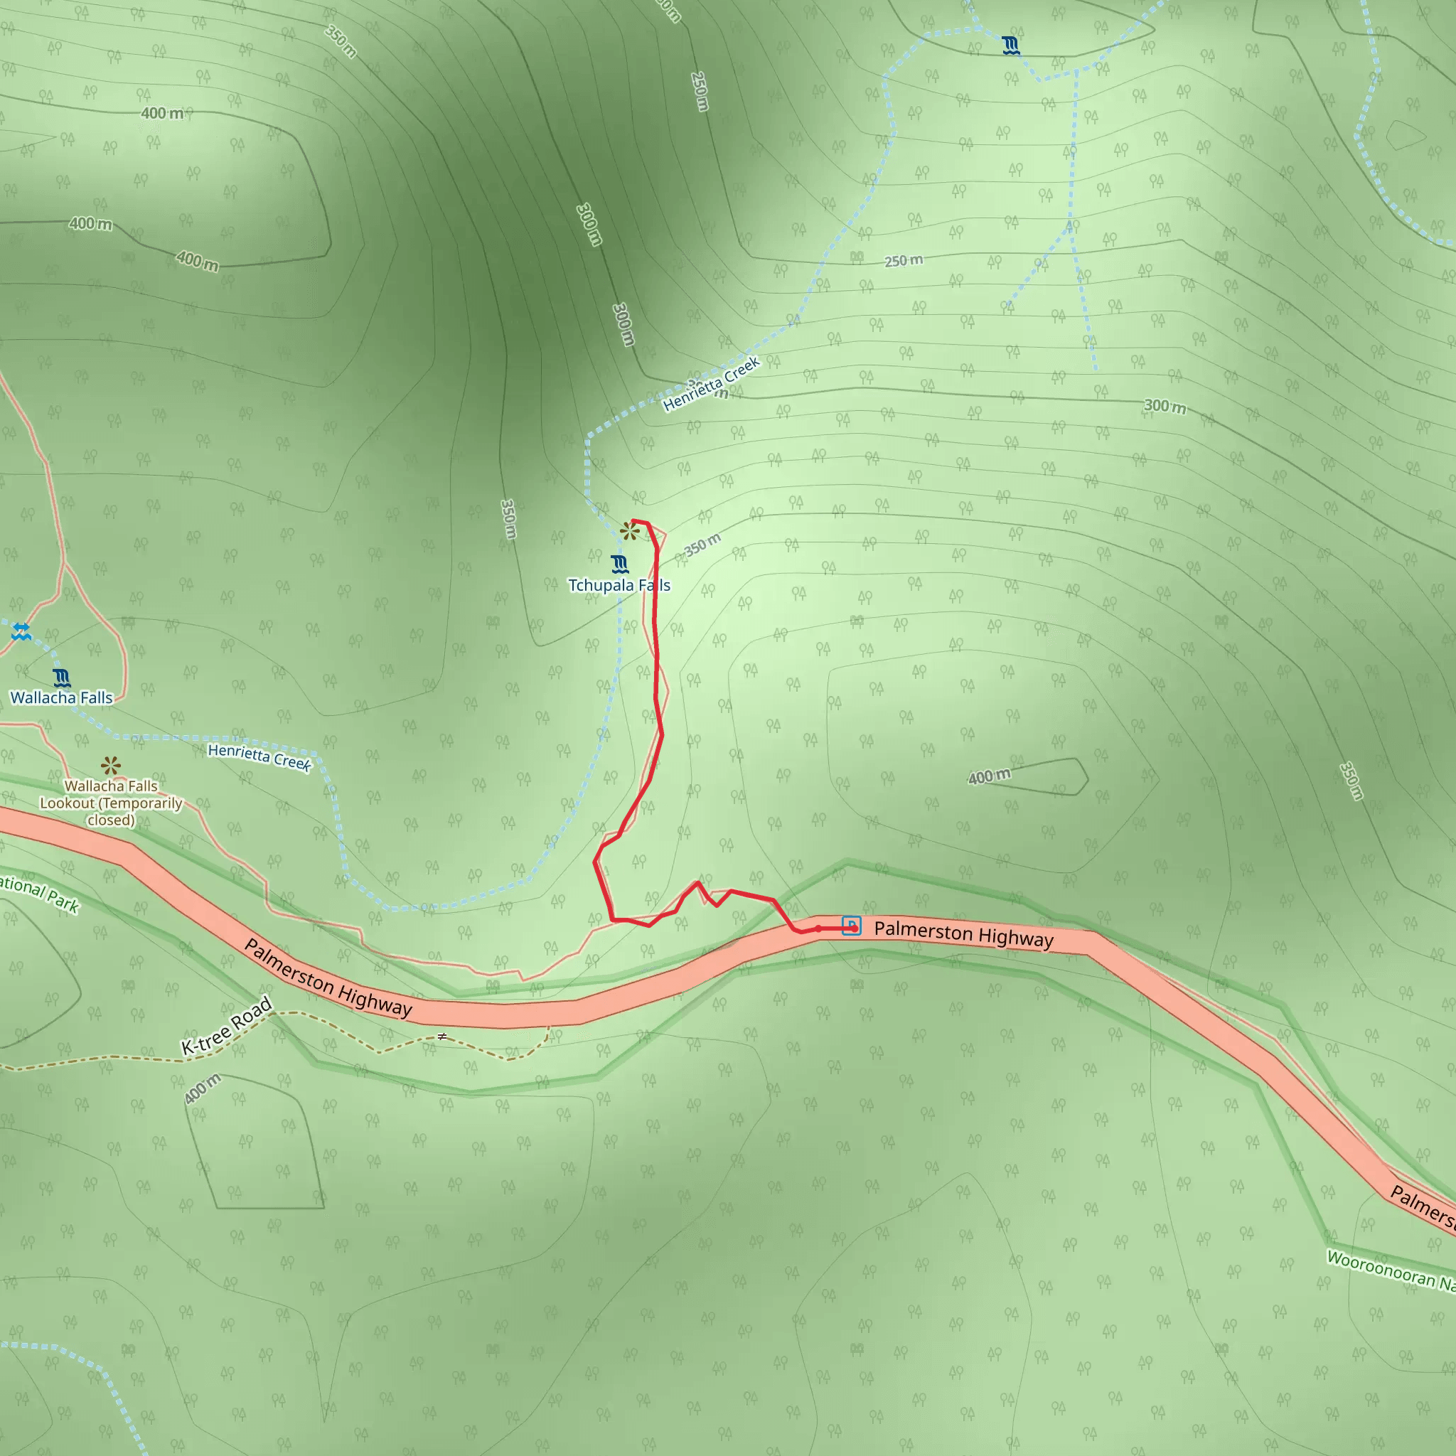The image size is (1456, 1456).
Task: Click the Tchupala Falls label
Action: point(619,586)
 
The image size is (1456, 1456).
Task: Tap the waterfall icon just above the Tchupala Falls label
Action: point(619,564)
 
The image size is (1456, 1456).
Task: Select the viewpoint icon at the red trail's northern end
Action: point(629,531)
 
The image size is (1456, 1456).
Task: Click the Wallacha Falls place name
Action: point(61,698)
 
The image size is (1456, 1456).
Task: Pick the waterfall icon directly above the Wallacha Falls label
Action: point(62,678)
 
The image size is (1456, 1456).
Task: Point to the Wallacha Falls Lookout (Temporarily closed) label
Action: point(111,803)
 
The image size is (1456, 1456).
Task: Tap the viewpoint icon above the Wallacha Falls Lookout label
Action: point(111,766)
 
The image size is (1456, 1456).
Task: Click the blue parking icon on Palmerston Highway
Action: point(851,926)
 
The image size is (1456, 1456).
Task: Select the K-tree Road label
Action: point(226,1026)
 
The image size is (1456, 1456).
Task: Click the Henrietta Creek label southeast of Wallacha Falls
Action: point(259,756)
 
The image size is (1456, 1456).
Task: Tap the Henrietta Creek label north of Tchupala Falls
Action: point(712,385)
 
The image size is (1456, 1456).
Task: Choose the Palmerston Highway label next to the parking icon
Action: point(963,933)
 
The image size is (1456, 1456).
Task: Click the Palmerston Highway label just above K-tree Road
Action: point(328,978)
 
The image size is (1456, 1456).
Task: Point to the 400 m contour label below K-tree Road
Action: point(203,1089)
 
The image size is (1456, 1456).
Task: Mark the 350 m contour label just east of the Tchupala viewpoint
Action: point(702,544)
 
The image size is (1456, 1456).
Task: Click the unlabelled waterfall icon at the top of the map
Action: point(1012,46)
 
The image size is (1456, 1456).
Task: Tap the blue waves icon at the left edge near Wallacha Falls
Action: point(21,631)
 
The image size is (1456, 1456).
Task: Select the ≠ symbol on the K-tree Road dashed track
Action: point(442,1037)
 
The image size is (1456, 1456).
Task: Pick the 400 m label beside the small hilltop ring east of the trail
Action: point(989,776)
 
